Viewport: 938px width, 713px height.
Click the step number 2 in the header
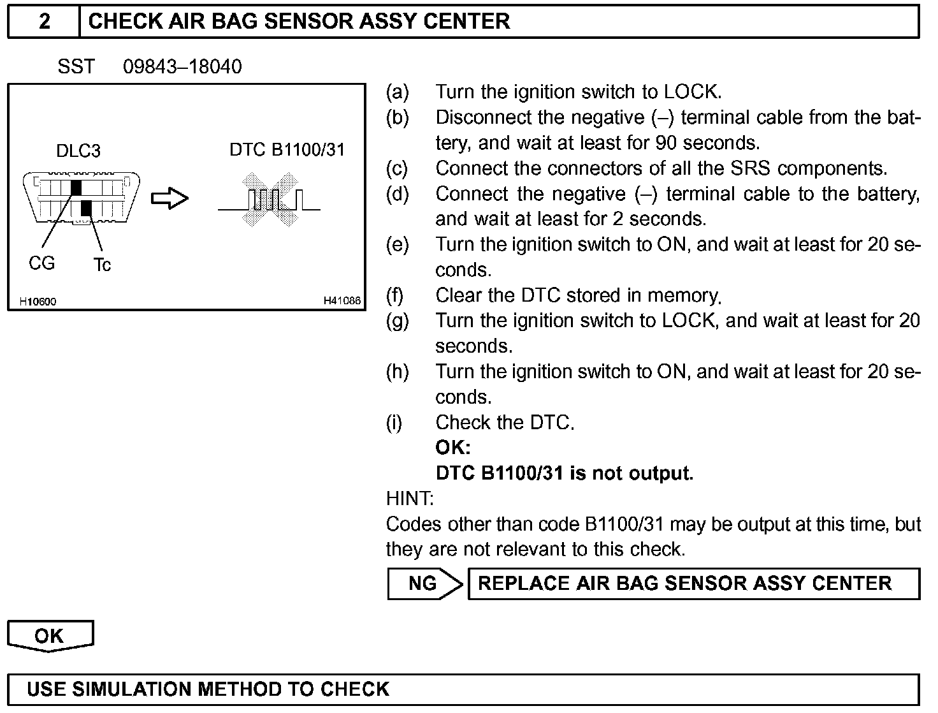click(x=44, y=21)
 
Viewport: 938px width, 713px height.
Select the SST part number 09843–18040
click(x=182, y=66)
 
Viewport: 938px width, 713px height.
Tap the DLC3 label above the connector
click(x=78, y=151)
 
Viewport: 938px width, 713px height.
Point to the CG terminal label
click(x=42, y=263)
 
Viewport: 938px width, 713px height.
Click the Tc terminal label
click(x=102, y=265)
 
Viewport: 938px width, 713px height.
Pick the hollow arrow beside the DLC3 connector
click(x=170, y=198)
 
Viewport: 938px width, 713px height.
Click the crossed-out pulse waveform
click(x=270, y=199)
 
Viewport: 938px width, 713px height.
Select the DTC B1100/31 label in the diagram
click(x=287, y=150)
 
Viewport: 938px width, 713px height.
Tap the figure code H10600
click(x=38, y=301)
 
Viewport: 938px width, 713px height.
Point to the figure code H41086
click(x=342, y=300)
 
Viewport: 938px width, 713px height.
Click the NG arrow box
click(x=424, y=584)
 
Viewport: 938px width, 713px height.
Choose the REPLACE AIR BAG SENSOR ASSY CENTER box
click(x=693, y=584)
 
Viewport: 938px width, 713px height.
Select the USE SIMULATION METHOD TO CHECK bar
click(x=463, y=689)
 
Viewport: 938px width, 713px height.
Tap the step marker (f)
click(x=395, y=295)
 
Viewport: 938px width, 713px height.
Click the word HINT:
click(x=410, y=498)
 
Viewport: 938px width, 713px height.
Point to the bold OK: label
click(x=452, y=448)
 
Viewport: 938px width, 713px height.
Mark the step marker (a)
click(x=398, y=92)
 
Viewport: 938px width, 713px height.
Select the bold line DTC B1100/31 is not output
click(x=564, y=473)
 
